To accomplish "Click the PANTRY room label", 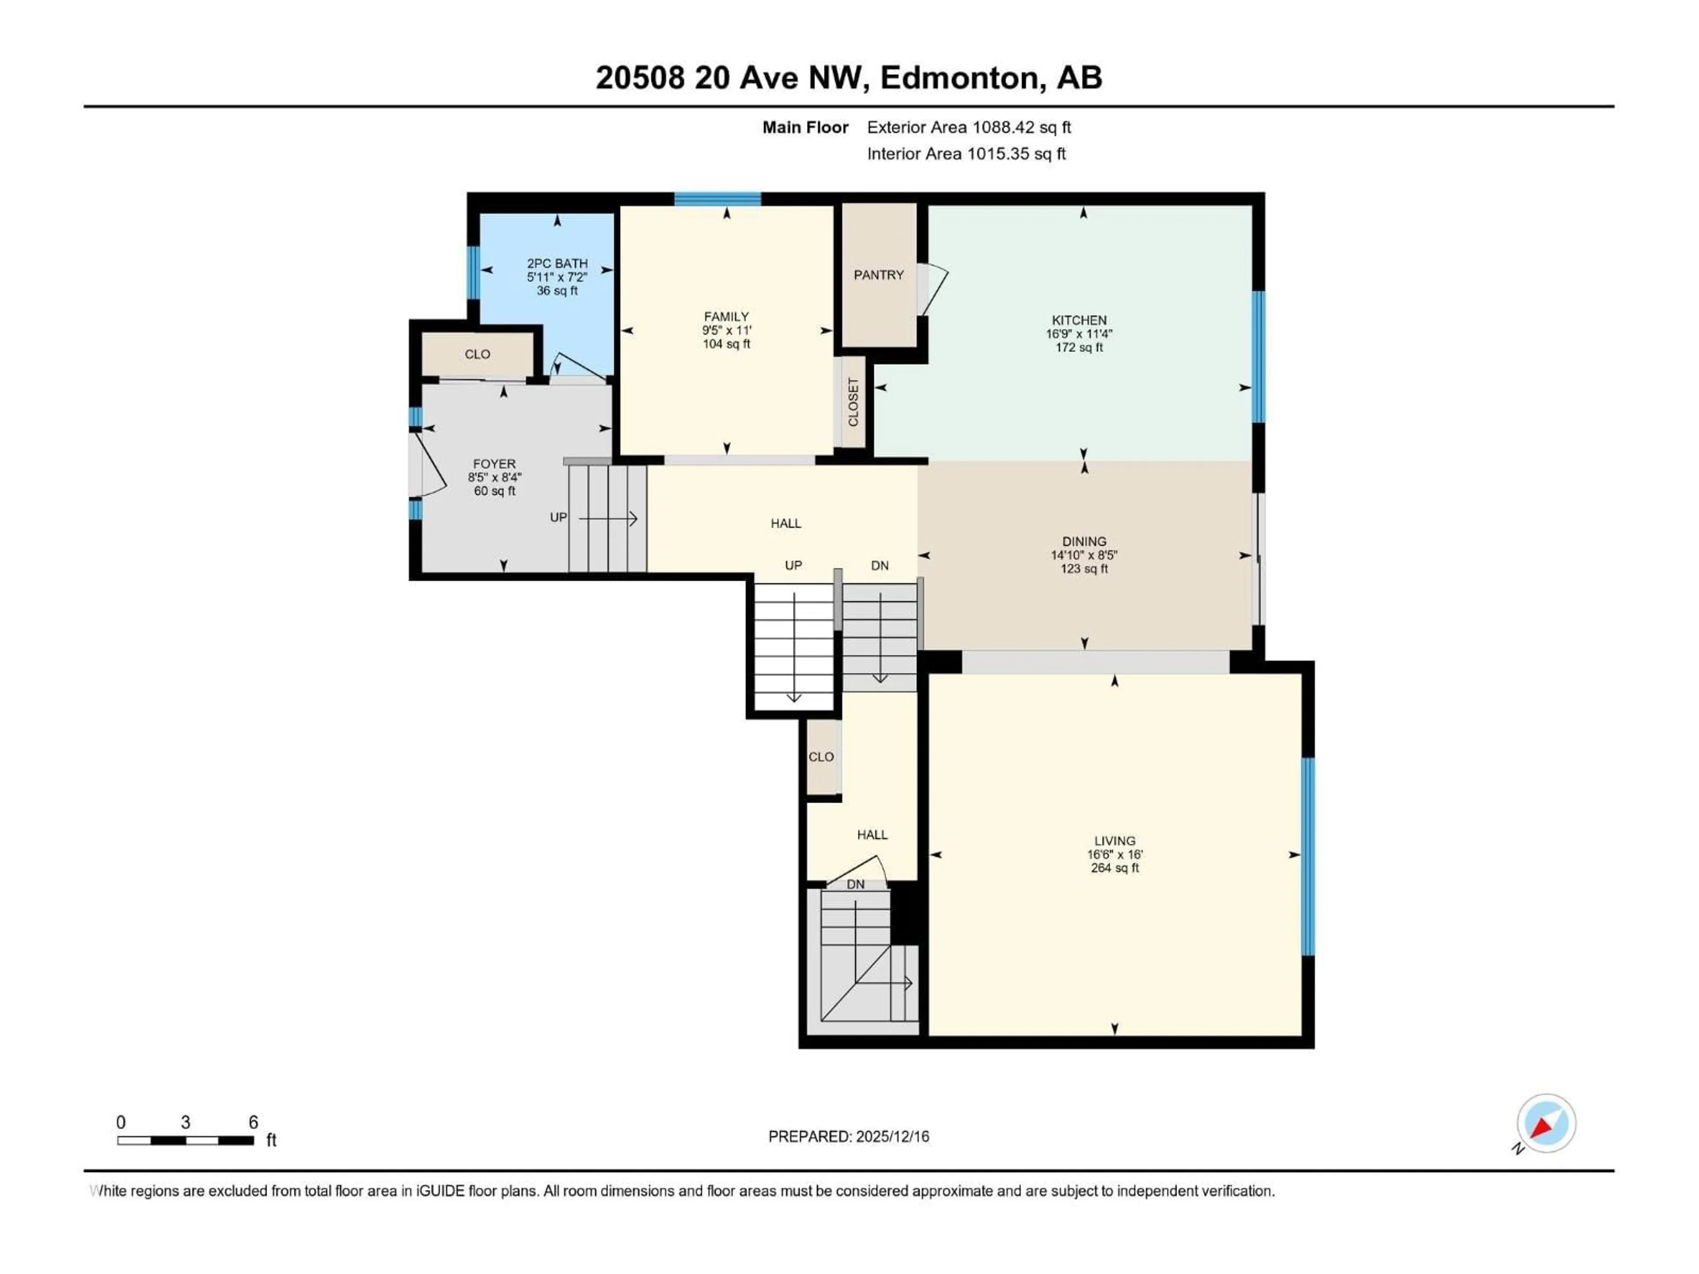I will tap(879, 275).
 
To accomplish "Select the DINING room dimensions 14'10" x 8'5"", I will tap(1084, 555).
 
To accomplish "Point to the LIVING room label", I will tap(1115, 841).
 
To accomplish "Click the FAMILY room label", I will tap(726, 316).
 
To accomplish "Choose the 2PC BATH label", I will tap(557, 263).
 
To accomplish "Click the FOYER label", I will tap(494, 464).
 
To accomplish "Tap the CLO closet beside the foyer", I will tap(477, 354).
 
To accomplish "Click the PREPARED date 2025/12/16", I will tap(889, 1136).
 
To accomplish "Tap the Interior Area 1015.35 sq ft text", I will tap(966, 153).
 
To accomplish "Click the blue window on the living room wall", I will tap(1308, 856).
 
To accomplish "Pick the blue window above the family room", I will tap(717, 199).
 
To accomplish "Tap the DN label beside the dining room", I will tap(880, 566).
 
